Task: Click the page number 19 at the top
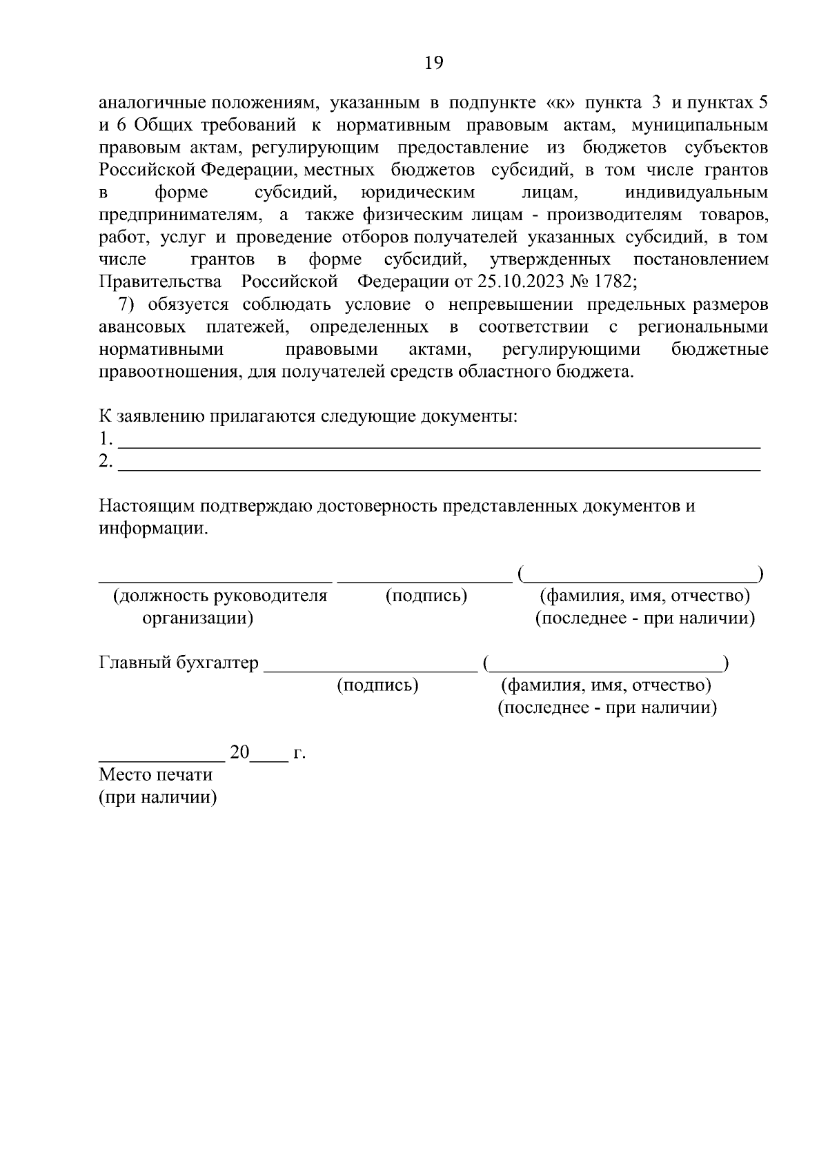click(x=433, y=64)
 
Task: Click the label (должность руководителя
click(x=220, y=596)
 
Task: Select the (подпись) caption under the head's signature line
click(x=426, y=596)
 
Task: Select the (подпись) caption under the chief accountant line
click(x=377, y=685)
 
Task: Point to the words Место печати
click(x=156, y=774)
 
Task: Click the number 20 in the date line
click(x=239, y=752)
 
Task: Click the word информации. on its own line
click(x=152, y=529)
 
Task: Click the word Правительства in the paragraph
click(x=160, y=282)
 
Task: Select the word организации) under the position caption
click(x=197, y=618)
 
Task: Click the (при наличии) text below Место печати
click(x=158, y=797)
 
